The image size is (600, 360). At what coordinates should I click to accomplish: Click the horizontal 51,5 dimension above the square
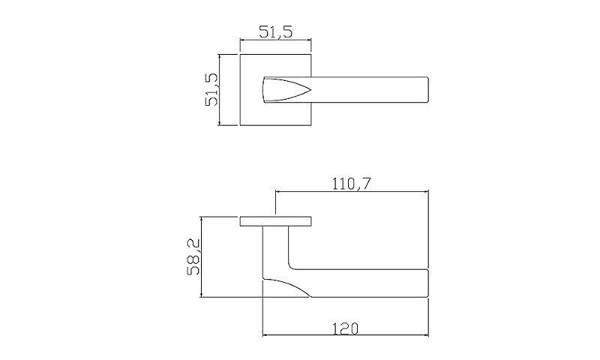[275, 31]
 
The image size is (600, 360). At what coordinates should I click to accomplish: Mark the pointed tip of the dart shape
[309, 88]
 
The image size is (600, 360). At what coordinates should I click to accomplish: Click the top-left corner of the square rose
[240, 54]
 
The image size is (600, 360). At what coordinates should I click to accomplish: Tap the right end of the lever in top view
[428, 88]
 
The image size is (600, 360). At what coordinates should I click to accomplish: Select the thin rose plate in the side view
[275, 222]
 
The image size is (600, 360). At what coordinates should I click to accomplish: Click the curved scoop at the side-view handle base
[289, 287]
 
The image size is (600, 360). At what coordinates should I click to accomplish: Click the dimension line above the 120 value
[345, 335]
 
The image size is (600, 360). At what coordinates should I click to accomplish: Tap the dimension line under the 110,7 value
[351, 191]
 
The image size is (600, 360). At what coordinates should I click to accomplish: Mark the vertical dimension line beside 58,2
[202, 258]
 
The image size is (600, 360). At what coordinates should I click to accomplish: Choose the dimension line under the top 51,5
[275, 40]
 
